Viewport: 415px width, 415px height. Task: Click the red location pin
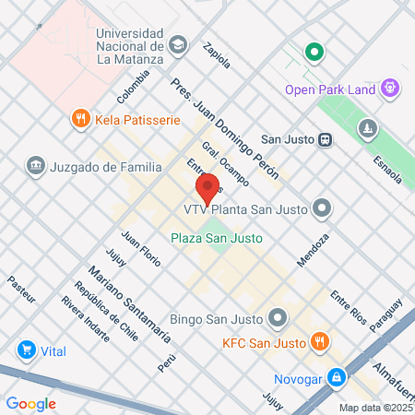[x=207, y=187]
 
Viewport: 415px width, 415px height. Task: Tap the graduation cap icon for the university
[x=178, y=43]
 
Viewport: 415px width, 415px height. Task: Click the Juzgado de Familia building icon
[x=36, y=167]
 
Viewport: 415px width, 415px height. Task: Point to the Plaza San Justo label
[x=217, y=238]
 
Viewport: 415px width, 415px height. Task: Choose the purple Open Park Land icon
[x=391, y=89]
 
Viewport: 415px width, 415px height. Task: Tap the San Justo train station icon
[x=325, y=139]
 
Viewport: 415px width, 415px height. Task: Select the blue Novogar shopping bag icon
[x=338, y=377]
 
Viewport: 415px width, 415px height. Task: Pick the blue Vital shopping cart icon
[x=26, y=350]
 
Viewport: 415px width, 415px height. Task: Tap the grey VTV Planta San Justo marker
[x=322, y=207]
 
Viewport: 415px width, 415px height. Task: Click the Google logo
[x=31, y=403]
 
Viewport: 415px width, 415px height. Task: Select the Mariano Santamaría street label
[x=129, y=303]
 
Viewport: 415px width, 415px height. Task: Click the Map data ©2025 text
[x=374, y=408]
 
